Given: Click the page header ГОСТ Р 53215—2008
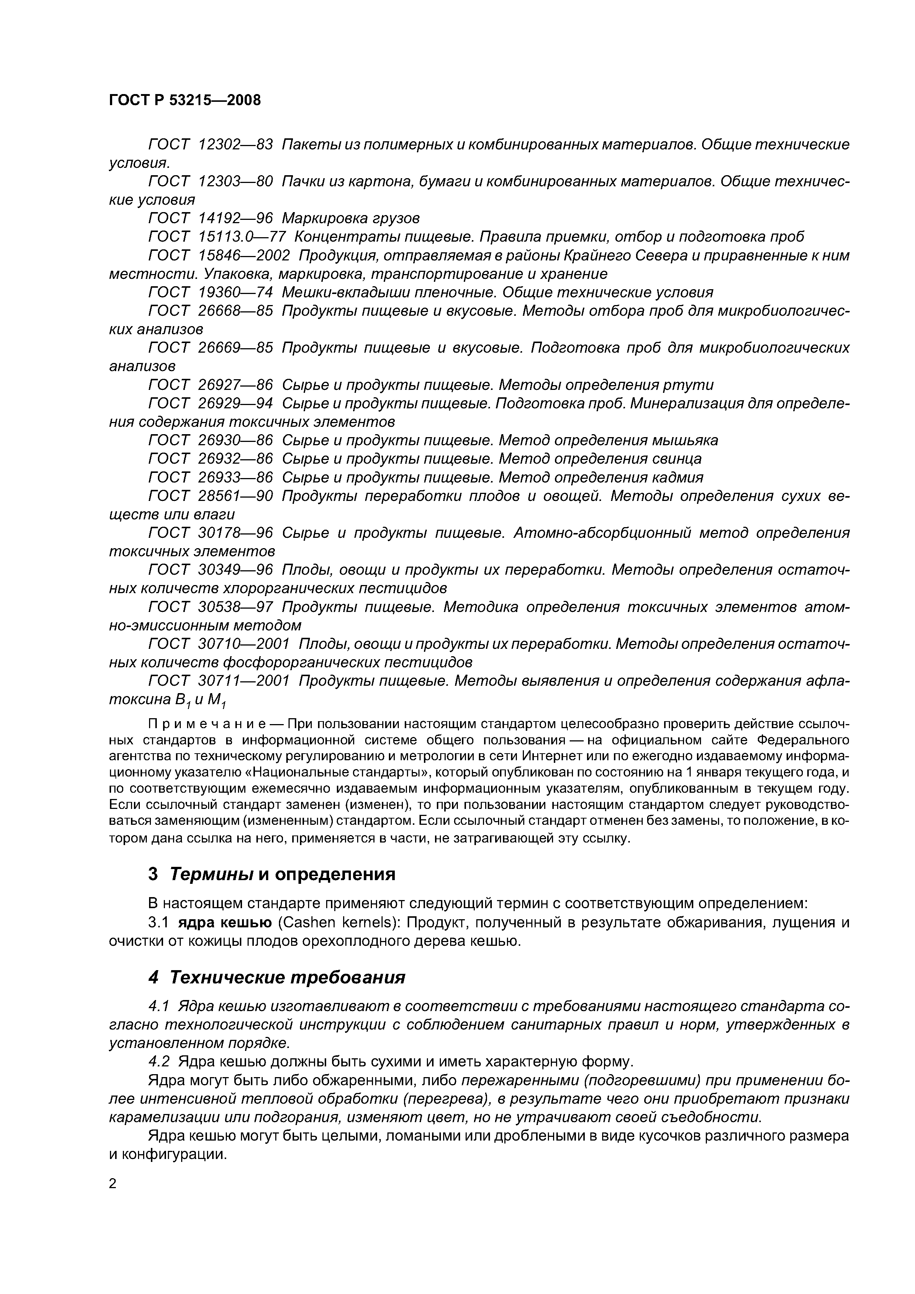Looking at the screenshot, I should [185, 100].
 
